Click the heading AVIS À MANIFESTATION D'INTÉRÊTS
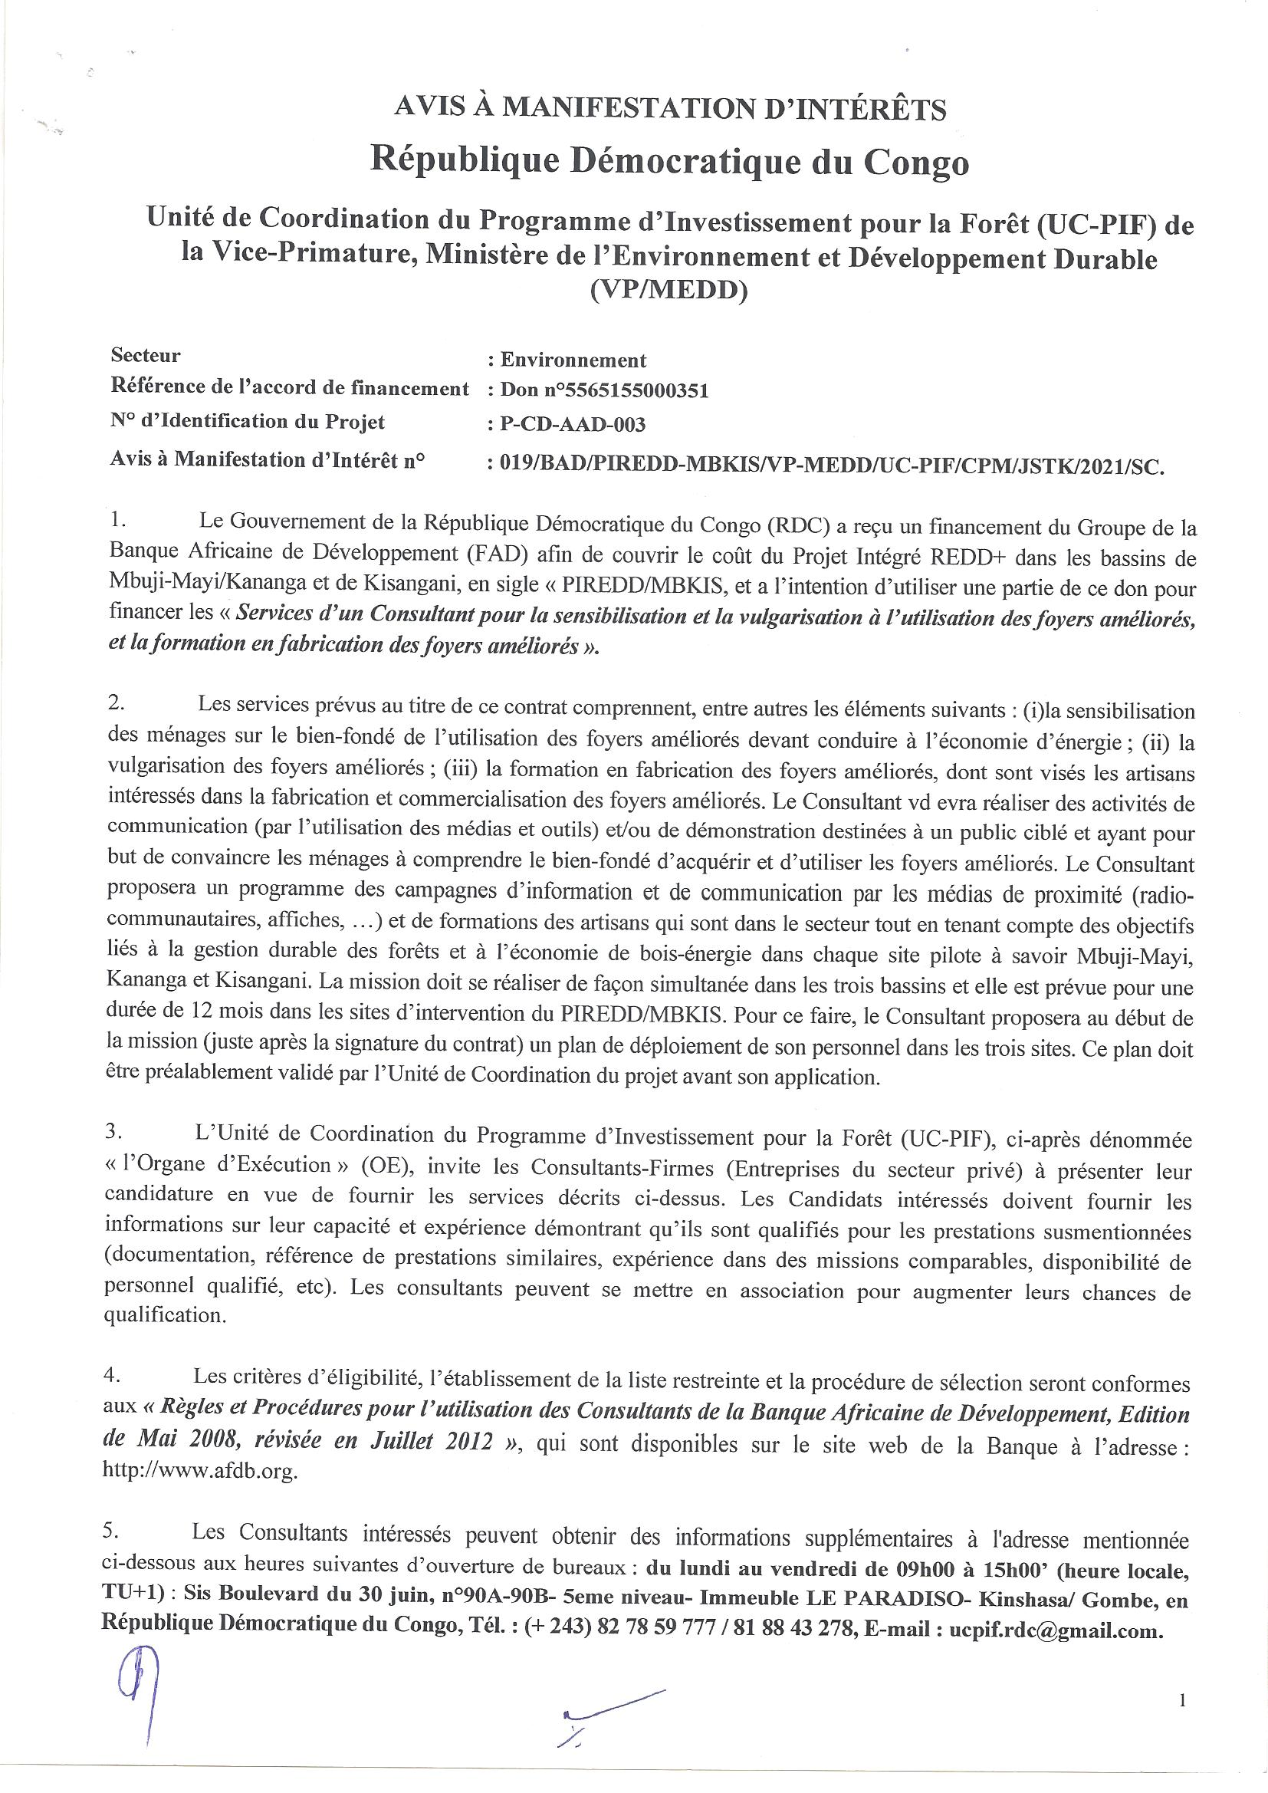coord(670,108)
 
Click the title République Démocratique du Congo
coord(670,162)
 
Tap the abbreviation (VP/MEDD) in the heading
coord(670,291)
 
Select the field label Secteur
coord(145,356)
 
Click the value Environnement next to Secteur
coord(573,360)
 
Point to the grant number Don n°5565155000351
coord(604,391)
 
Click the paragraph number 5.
coord(110,1531)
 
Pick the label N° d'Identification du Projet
coord(248,423)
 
